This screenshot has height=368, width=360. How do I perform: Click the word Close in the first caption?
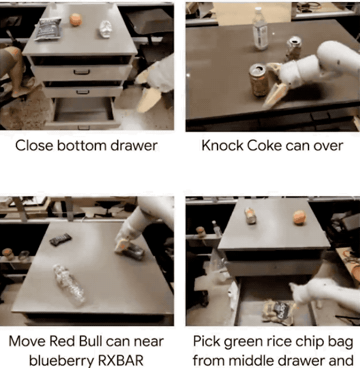tap(34, 145)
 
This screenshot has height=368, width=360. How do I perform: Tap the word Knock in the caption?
tap(222, 145)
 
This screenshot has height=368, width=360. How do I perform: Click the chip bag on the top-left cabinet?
tap(48, 29)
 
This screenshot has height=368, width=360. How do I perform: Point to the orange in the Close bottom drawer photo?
tap(76, 19)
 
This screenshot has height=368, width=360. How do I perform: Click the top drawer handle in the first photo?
tap(81, 72)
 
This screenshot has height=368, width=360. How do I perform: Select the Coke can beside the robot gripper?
tap(258, 79)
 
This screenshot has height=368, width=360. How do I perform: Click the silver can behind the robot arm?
tap(294, 48)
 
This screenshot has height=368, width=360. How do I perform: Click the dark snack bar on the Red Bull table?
tap(60, 239)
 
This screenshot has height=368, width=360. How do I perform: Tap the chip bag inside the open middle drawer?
tap(278, 312)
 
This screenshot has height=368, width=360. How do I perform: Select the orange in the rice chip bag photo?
tap(299, 217)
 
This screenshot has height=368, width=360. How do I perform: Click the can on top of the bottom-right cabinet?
tap(250, 216)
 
